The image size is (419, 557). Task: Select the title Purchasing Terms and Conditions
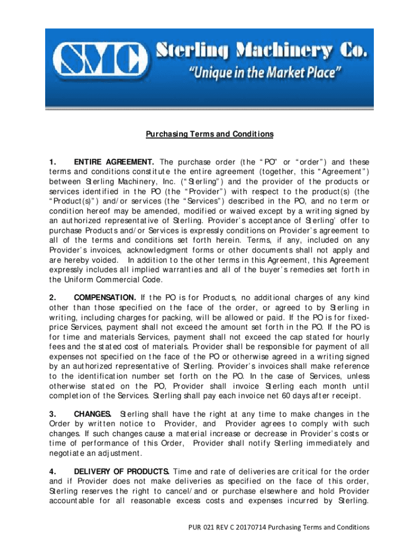[x=209, y=134]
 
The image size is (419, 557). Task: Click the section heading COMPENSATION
[x=105, y=297]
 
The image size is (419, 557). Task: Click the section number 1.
[x=53, y=162]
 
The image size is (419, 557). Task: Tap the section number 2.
[x=53, y=297]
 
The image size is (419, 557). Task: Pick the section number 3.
[x=53, y=413]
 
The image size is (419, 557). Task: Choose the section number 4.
[x=53, y=471]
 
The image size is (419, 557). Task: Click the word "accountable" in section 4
[x=73, y=500]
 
